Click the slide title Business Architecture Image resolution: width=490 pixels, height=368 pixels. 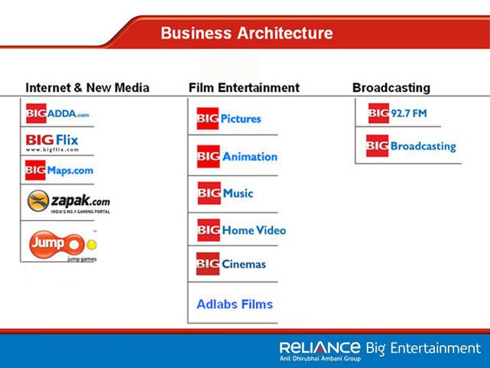(x=247, y=33)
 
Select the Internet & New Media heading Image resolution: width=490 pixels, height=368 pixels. (x=87, y=87)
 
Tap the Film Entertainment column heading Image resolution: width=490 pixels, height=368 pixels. (x=244, y=87)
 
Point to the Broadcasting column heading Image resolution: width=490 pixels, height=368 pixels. (x=391, y=88)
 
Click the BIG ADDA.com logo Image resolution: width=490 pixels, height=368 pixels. (x=57, y=113)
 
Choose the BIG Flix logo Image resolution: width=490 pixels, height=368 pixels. (x=52, y=142)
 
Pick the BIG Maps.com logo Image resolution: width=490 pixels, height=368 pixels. (x=60, y=170)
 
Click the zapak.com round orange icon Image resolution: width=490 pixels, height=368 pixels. (x=38, y=200)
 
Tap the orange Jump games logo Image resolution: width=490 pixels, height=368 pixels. (x=57, y=245)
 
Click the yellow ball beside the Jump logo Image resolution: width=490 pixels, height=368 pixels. (x=92, y=245)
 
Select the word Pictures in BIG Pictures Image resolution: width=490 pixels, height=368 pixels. (x=241, y=119)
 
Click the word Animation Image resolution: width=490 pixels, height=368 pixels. (x=250, y=156)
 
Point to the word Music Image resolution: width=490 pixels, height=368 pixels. (x=239, y=194)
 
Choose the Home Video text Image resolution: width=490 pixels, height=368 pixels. (x=254, y=230)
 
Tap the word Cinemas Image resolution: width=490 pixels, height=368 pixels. (x=244, y=264)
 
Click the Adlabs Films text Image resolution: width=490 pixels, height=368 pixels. (x=235, y=304)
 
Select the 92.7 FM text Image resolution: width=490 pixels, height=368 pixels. (x=409, y=113)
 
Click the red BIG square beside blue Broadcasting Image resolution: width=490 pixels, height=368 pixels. (x=377, y=145)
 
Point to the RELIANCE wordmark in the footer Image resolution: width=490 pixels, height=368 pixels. (x=320, y=347)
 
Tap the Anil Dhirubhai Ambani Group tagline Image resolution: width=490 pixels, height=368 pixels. (x=320, y=358)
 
